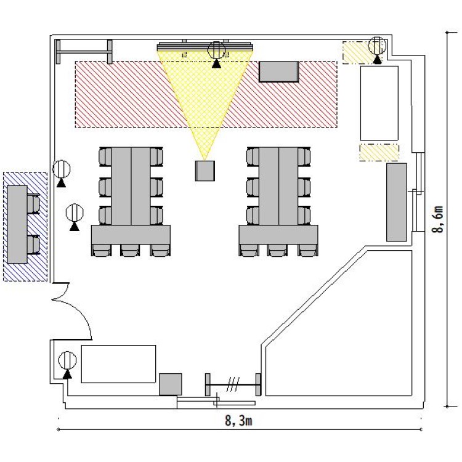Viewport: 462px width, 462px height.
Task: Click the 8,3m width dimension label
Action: click(x=238, y=421)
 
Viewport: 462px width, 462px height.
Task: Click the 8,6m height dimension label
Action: click(x=438, y=219)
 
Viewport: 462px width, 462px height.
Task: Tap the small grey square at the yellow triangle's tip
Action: click(x=205, y=171)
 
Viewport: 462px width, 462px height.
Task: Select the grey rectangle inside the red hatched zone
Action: click(x=278, y=71)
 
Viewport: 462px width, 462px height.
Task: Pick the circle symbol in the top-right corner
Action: click(x=377, y=46)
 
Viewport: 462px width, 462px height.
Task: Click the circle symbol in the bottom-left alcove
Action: click(x=68, y=360)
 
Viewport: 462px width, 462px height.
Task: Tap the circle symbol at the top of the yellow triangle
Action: click(x=217, y=50)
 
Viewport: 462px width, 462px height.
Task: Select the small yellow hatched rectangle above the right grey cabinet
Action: click(x=379, y=153)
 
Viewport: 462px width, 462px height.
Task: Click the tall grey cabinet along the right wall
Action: click(x=397, y=202)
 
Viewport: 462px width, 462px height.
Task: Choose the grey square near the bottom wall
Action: click(x=171, y=384)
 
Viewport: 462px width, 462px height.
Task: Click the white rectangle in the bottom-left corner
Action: click(x=118, y=364)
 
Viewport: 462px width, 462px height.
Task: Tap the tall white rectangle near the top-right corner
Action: click(x=379, y=103)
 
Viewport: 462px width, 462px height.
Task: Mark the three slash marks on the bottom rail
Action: click(x=233, y=384)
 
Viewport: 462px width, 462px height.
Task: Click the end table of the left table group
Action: click(x=131, y=235)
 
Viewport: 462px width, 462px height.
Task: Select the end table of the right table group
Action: click(x=278, y=235)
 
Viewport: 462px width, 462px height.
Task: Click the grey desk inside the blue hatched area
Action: click(x=17, y=224)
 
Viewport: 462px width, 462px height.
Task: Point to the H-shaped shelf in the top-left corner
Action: click(x=84, y=52)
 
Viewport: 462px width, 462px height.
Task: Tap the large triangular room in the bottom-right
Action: click(x=339, y=323)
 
